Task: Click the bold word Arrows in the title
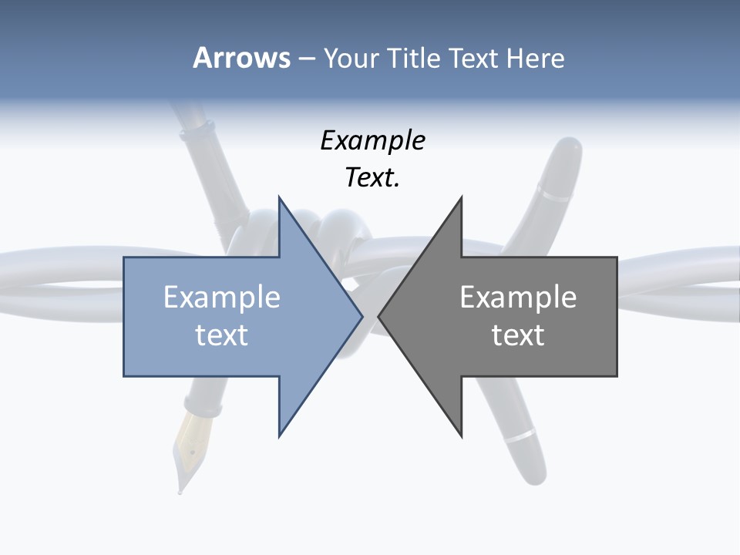click(241, 58)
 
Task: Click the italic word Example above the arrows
click(372, 141)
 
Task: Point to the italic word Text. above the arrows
click(372, 178)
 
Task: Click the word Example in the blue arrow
click(222, 298)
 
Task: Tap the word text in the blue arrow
click(222, 335)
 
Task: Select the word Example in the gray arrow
click(518, 298)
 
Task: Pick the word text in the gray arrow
click(518, 335)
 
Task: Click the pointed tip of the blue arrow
click(362, 316)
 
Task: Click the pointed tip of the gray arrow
click(379, 316)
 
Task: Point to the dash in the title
click(306, 58)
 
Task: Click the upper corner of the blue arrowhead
click(280, 198)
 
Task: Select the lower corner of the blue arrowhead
click(280, 436)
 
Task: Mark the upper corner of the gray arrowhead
click(461, 198)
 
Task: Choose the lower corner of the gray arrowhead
click(461, 436)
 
